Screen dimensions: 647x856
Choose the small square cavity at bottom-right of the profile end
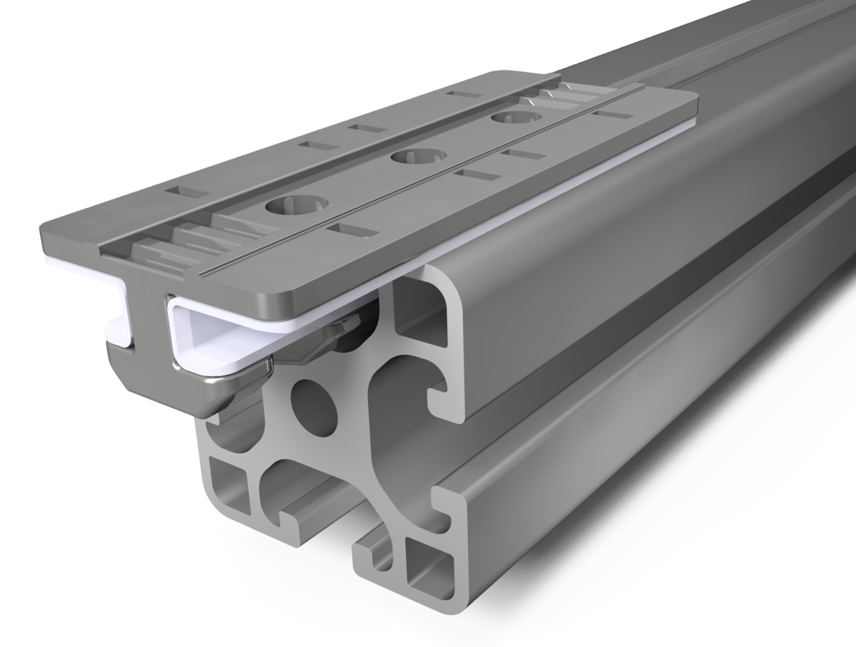[428, 562]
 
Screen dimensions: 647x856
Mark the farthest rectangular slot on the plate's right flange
[612, 114]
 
